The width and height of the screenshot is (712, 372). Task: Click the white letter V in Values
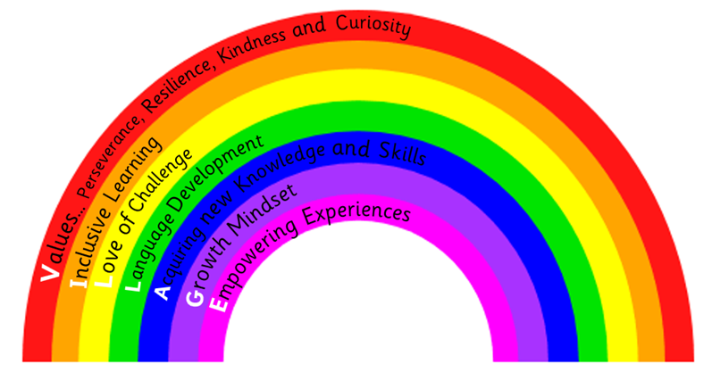51,268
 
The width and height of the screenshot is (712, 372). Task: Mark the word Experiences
357,211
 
